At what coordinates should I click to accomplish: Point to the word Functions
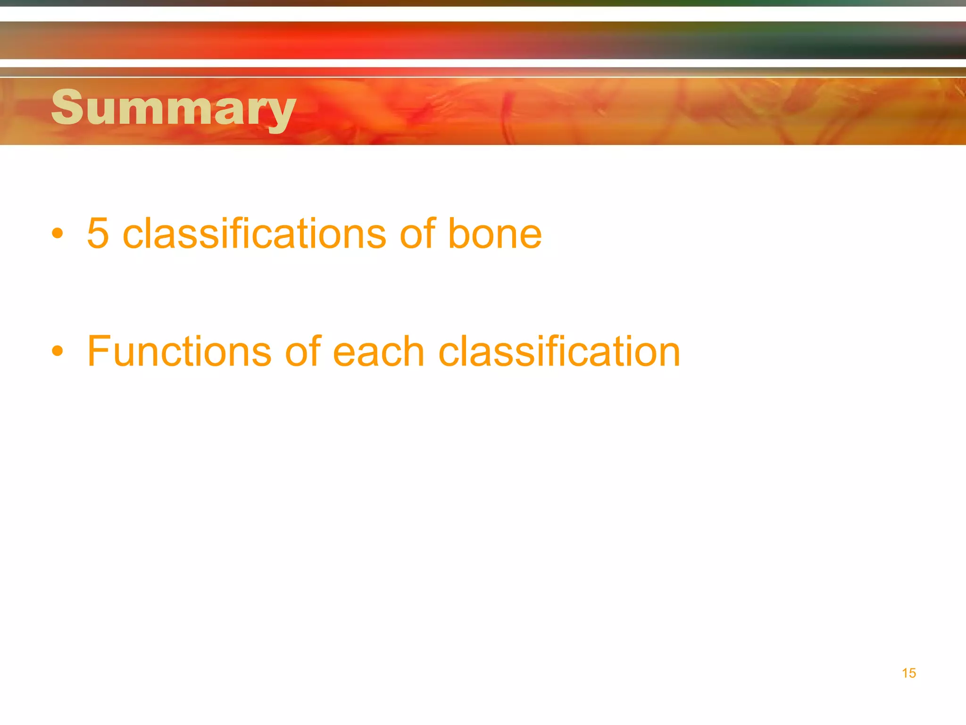tap(179, 351)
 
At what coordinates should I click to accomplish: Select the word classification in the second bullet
tap(559, 351)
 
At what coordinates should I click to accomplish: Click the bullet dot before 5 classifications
tap(58, 233)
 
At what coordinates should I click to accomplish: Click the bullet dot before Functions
tap(58, 351)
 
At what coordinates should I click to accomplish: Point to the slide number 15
tap(909, 673)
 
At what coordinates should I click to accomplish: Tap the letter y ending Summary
tap(280, 113)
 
